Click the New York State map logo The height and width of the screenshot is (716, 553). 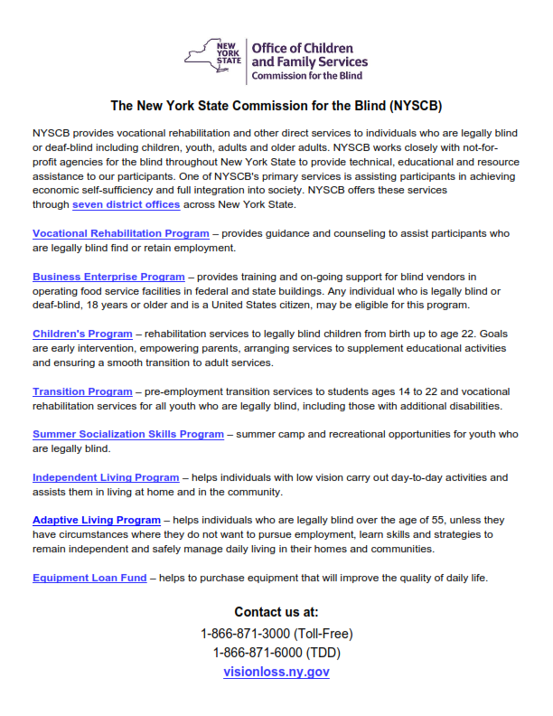click(214, 56)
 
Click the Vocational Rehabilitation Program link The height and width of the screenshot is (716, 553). click(120, 233)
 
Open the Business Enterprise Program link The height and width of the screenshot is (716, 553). click(108, 277)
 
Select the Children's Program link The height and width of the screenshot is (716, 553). click(82, 334)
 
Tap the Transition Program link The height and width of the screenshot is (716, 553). click(82, 391)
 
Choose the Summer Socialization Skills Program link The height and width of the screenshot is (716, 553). click(127, 434)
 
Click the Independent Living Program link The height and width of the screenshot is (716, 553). click(106, 477)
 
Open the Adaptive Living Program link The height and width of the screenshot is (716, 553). click(96, 521)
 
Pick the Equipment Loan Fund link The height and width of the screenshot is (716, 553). click(89, 578)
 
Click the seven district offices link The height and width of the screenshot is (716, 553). click(126, 205)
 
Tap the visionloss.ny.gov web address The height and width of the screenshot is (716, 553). click(276, 672)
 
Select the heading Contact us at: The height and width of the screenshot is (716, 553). click(276, 612)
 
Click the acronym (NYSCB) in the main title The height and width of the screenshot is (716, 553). click(410, 106)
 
